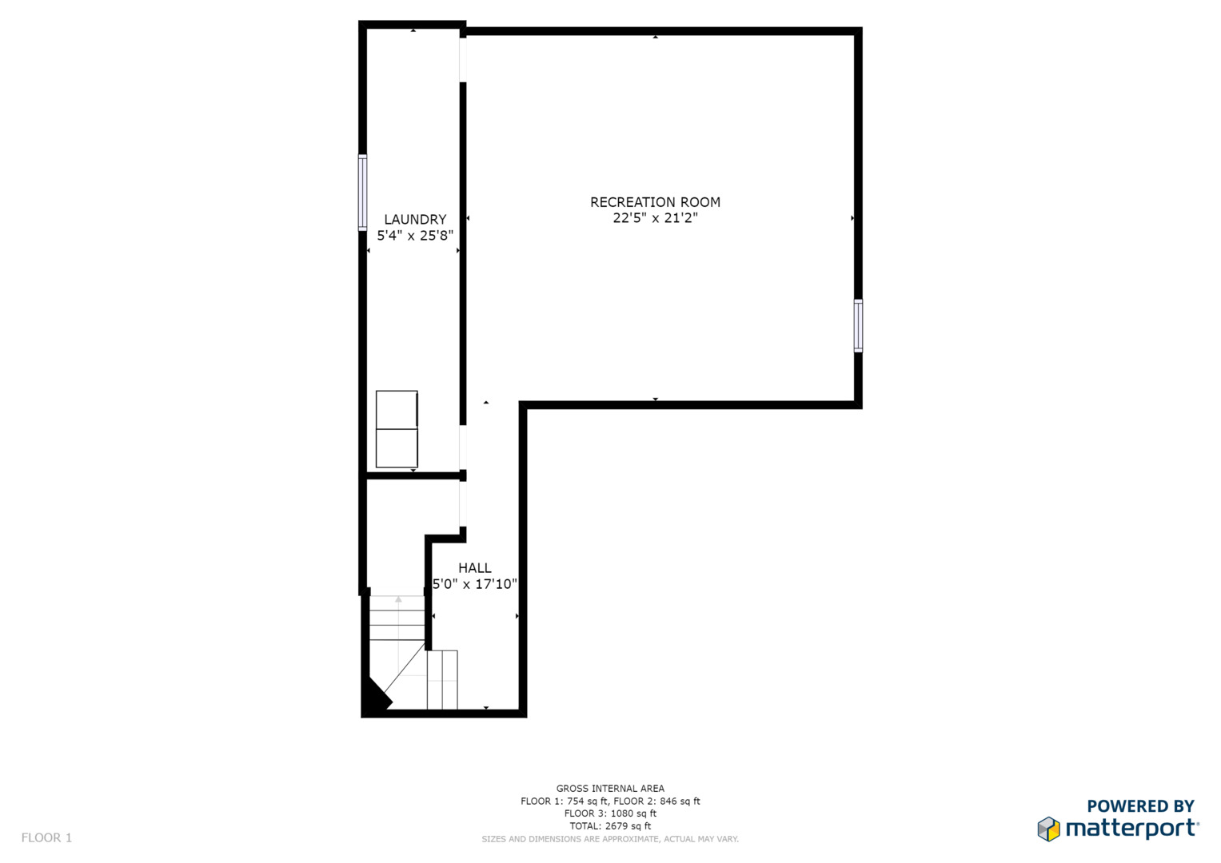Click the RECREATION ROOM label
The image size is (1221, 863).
655,202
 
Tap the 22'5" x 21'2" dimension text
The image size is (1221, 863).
655,218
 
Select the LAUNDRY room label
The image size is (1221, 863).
415,220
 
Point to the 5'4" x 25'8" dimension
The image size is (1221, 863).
415,236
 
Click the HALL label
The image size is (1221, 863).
475,568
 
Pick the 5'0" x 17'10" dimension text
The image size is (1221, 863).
475,584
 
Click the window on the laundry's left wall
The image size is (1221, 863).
362,193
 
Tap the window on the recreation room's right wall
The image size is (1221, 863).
858,326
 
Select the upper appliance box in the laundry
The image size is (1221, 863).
397,410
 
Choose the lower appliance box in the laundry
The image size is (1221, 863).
397,447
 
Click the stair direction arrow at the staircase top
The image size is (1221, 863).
398,599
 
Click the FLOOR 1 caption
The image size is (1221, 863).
47,837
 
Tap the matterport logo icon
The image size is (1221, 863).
1049,829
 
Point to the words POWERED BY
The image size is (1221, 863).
1141,805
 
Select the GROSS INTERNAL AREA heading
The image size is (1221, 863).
611,789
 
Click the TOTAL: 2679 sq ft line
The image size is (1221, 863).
611,826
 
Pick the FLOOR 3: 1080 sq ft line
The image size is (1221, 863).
611,813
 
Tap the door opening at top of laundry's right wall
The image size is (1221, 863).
463,60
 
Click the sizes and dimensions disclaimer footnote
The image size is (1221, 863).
611,839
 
